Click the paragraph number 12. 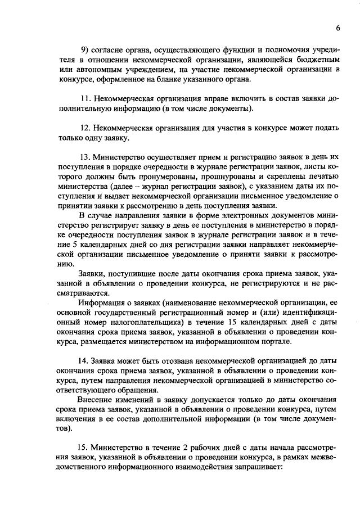coord(87,128)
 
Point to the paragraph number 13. coord(87,157)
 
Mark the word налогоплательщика coord(143,323)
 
